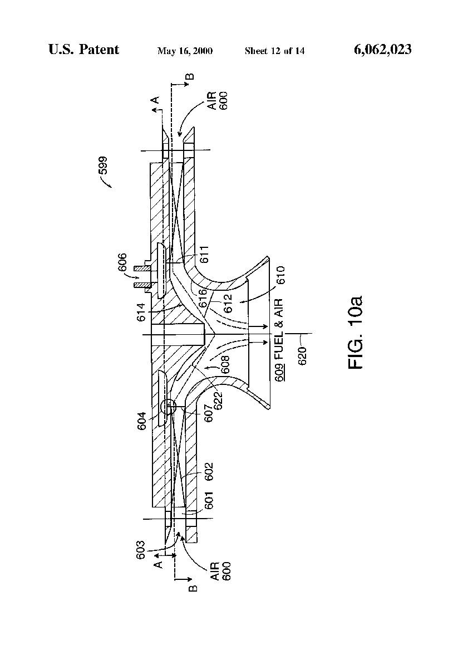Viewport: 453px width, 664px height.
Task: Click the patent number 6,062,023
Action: click(x=382, y=50)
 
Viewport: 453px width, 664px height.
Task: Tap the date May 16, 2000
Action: click(x=185, y=51)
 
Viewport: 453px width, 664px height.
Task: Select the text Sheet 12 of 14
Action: click(x=274, y=51)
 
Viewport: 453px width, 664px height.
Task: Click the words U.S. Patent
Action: click(x=83, y=50)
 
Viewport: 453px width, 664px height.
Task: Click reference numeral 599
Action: click(x=103, y=165)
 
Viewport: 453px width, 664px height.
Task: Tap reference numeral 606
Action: click(x=122, y=262)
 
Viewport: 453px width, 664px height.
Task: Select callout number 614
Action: click(x=141, y=312)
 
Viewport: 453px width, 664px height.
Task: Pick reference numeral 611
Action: click(x=205, y=254)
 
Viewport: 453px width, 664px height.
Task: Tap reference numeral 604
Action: click(x=142, y=421)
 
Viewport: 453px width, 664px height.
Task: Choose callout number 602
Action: click(x=209, y=471)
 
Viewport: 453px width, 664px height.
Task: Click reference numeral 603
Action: click(x=141, y=550)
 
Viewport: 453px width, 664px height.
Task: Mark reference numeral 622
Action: click(x=218, y=401)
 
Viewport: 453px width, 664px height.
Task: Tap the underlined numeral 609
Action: click(x=279, y=373)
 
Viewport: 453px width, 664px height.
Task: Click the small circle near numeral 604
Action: click(x=168, y=407)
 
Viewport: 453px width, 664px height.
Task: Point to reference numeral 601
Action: click(x=209, y=500)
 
